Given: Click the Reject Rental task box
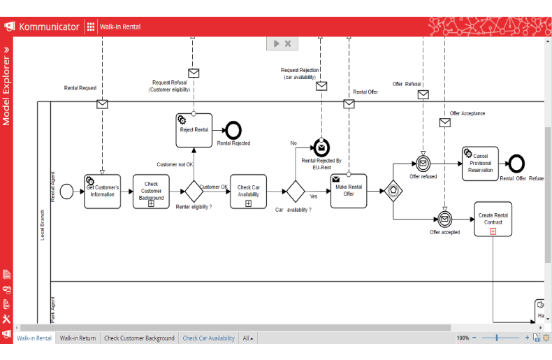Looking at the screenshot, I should tap(194, 130).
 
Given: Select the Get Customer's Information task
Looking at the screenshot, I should tap(103, 191).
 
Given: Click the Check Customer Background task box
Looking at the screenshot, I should tap(151, 191).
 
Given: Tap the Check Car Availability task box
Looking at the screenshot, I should tap(248, 191).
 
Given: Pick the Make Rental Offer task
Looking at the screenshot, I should tap(349, 191).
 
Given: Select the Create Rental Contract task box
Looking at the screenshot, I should tap(493, 219).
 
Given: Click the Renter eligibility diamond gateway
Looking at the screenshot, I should tap(193, 191).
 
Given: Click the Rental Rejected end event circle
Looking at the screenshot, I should tap(233, 130).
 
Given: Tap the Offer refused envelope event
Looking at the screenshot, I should tap(423, 164).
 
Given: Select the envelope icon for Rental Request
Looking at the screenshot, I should tap(102, 104).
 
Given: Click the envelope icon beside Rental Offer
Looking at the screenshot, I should tap(349, 104).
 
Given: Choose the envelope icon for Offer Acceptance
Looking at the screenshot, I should tap(444, 123).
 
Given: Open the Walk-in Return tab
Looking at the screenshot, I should tap(78, 338).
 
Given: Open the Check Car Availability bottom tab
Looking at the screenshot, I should tap(208, 338).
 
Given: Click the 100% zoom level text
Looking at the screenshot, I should tap(463, 338).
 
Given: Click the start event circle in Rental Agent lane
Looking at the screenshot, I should tap(66, 191).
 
